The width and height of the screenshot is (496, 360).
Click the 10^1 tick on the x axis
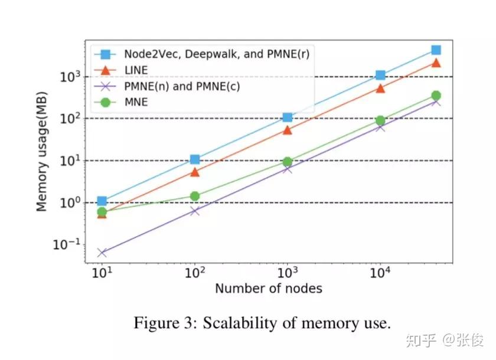point(102,273)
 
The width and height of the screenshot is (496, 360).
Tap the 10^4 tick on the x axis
point(380,273)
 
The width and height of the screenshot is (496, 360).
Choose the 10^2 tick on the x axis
point(194,273)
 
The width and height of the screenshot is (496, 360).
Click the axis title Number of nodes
point(269,289)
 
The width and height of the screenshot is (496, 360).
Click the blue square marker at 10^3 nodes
point(288,117)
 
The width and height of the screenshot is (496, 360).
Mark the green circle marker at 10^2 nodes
point(195,196)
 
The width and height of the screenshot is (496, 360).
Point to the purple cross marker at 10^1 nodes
point(102,253)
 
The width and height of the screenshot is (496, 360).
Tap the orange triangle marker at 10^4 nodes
point(380,88)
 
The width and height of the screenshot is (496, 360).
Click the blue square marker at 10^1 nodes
point(102,201)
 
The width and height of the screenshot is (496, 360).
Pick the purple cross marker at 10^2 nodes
point(195,211)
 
